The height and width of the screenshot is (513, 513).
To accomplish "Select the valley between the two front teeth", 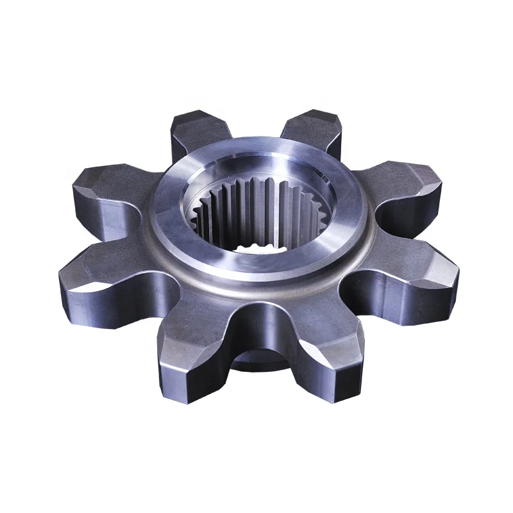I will point(260,333).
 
